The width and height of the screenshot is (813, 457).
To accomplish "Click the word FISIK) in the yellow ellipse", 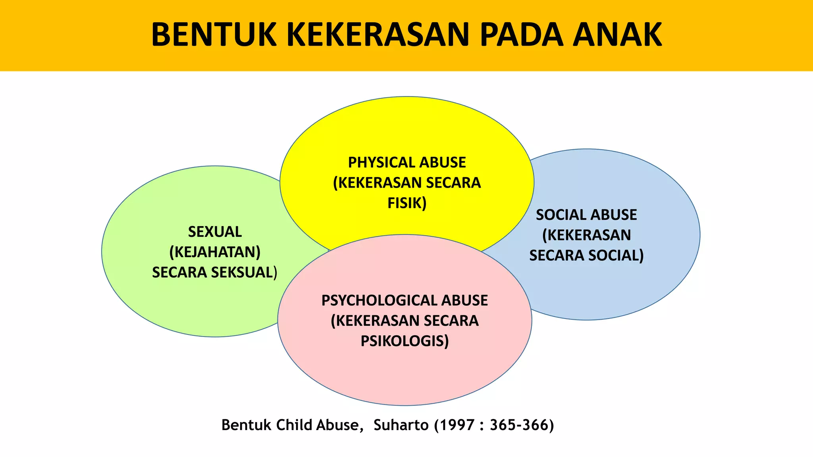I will coord(407,203).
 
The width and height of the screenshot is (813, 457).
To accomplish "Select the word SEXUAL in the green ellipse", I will coord(215,232).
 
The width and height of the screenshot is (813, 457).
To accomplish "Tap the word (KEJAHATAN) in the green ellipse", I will coord(215,252).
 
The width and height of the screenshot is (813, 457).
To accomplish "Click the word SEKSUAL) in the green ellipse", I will coord(244,273).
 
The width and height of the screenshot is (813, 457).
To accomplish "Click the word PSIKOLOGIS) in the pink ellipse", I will coord(405,341).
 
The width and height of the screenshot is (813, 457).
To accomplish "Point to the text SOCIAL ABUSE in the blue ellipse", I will coord(586,215).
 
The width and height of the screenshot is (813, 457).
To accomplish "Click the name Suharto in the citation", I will coord(401,425).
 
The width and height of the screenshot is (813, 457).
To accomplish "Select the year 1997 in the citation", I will coord(457,425).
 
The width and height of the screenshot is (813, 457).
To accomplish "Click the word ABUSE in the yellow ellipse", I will coord(443,163).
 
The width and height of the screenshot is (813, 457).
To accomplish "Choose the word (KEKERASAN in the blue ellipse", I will coord(586,235).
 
